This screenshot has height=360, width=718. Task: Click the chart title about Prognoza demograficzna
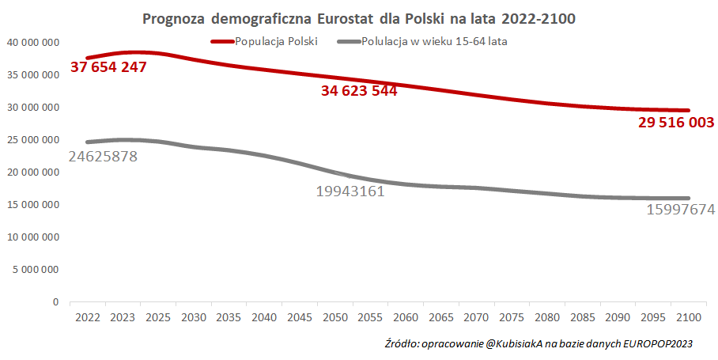click(358, 17)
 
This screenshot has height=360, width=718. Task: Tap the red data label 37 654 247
click(108, 67)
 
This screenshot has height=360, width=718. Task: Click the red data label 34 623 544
click(358, 91)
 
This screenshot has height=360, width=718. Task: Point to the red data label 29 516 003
click(677, 123)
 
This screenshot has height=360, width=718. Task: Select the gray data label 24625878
click(103, 157)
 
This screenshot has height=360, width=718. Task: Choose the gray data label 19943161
click(350, 191)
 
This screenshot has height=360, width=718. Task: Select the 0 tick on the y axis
click(55, 301)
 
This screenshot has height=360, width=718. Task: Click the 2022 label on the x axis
click(88, 317)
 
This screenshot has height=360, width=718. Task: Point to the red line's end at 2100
click(689, 110)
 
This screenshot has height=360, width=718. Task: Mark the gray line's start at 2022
click(88, 142)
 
